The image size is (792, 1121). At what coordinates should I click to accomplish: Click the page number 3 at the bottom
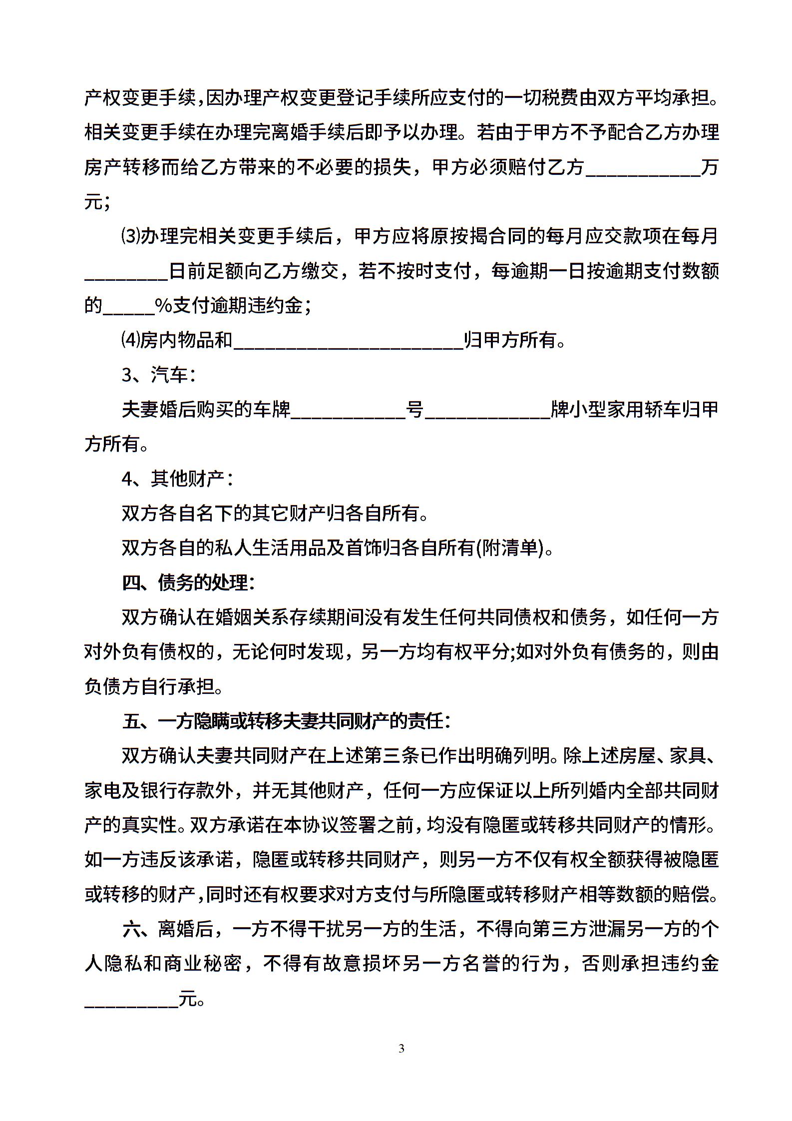pos(401,1048)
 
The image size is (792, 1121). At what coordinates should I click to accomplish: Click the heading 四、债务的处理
pos(188,583)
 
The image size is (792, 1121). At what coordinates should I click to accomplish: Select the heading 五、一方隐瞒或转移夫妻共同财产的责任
pos(286,722)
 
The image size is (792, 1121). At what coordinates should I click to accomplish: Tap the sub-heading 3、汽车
pos(158,375)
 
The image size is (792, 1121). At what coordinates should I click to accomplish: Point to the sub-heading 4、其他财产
pos(177,479)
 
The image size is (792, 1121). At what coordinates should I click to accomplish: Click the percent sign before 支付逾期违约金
pos(163,306)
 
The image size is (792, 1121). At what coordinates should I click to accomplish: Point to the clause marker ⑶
pos(130,236)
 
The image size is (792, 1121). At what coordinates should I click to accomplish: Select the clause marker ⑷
pos(130,340)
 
